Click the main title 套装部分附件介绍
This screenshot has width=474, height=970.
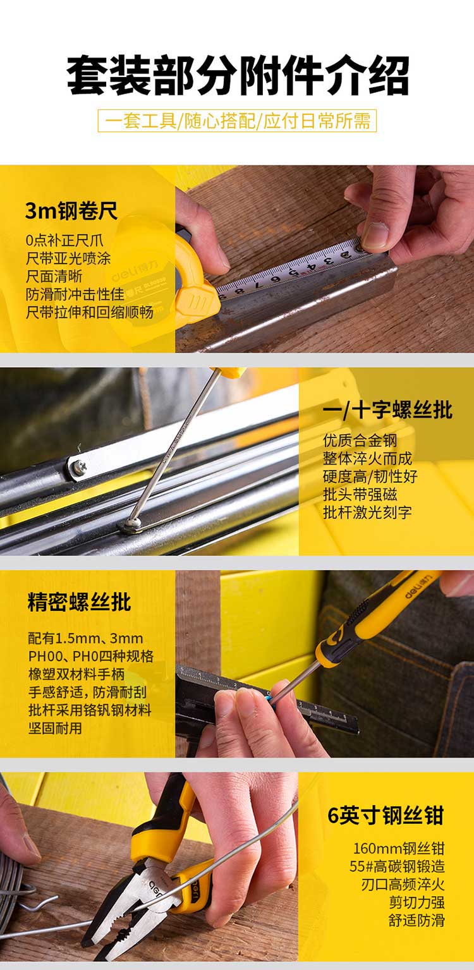click(238, 75)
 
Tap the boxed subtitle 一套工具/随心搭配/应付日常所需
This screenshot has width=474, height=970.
click(237, 121)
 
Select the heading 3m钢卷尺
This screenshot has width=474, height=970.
click(71, 211)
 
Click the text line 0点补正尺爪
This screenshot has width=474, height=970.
click(64, 240)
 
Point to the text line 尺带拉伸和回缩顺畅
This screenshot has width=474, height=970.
click(90, 312)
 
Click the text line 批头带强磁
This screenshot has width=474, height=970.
click(360, 494)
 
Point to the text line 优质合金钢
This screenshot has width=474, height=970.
click(360, 440)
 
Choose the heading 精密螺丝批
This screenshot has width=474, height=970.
click(79, 602)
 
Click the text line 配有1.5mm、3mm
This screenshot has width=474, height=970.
click(86, 638)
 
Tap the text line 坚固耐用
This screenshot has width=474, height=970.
click(55, 727)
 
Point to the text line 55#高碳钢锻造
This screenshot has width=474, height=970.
click(398, 866)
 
